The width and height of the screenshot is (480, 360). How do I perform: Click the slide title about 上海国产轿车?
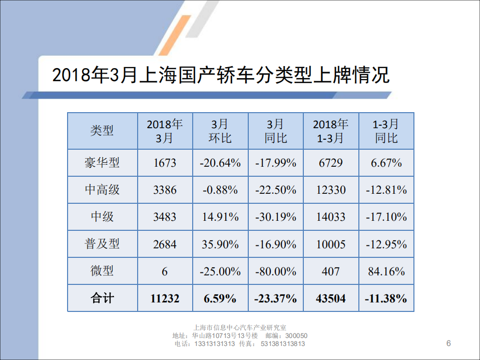pos(220,76)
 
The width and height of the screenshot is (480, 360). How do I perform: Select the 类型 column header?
pos(102,131)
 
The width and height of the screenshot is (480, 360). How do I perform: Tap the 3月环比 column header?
pos(220,131)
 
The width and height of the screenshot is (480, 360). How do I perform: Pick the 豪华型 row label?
pos(102,163)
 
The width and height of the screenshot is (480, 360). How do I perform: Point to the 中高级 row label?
pos(102,190)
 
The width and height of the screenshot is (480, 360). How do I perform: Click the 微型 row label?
pos(102,271)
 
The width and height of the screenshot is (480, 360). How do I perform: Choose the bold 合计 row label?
pos(102,298)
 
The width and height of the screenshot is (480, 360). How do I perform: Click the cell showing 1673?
pos(165,163)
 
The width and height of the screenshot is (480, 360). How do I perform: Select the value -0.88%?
pos(220,190)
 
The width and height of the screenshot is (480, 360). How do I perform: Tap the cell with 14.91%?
pos(220,217)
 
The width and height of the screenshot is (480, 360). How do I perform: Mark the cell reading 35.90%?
pos(220,244)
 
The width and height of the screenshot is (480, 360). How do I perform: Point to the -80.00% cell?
pos(276,271)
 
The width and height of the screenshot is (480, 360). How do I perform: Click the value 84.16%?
pos(386,271)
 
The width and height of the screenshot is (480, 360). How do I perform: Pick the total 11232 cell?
pos(165,298)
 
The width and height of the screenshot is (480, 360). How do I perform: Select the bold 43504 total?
pos(331,298)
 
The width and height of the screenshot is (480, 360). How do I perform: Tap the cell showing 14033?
pos(331,217)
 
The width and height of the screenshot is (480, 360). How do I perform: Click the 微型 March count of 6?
pos(165,271)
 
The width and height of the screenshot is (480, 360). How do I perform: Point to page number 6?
pos(448,343)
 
